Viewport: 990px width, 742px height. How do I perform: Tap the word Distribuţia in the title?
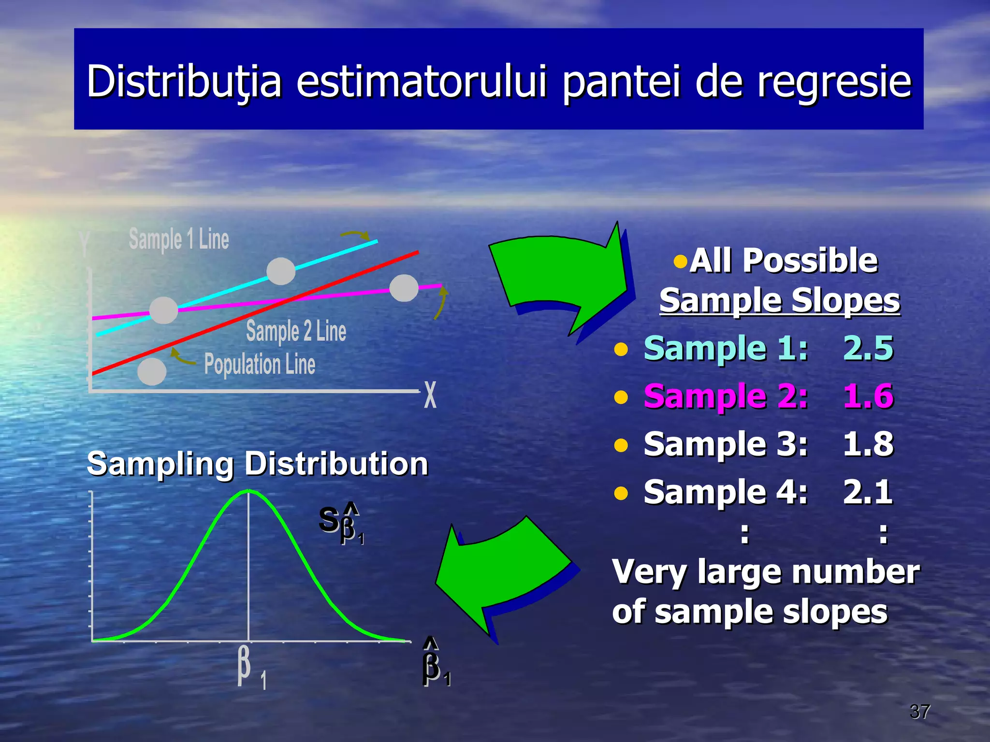(x=184, y=82)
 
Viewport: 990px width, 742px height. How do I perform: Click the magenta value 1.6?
(x=868, y=396)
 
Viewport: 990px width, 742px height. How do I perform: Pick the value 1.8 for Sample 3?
(x=868, y=444)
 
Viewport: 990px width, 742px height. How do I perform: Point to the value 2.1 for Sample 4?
(x=868, y=492)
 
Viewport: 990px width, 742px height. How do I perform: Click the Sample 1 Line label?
(x=179, y=239)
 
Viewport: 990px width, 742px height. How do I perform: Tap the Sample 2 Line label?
(x=296, y=331)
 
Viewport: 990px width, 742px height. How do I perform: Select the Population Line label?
(x=260, y=364)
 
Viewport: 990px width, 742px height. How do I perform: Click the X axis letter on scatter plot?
(x=430, y=395)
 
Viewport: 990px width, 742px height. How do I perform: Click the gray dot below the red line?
(x=152, y=371)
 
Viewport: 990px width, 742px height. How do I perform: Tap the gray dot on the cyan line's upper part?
(x=281, y=271)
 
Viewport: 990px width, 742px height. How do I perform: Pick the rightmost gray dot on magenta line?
(x=404, y=288)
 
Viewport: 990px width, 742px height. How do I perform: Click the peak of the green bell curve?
(x=248, y=491)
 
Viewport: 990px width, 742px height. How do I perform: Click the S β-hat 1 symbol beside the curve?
(x=341, y=524)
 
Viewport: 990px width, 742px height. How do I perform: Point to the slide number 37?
(x=919, y=711)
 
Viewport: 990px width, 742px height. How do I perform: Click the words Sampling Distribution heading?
(x=257, y=464)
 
